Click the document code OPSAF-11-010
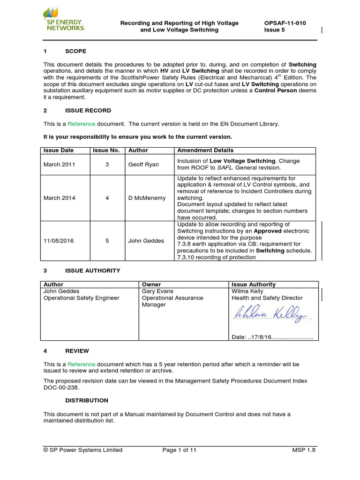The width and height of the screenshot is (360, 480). (x=285, y=23)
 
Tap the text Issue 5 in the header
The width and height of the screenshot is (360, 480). (x=275, y=30)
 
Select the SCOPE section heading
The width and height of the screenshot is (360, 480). (x=75, y=51)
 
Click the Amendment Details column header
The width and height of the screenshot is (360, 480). (x=205, y=150)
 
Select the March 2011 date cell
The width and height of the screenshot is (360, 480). (x=59, y=165)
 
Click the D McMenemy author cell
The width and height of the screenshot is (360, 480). (x=147, y=198)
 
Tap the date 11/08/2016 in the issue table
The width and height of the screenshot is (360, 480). (x=59, y=240)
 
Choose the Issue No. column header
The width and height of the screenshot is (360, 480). (x=106, y=150)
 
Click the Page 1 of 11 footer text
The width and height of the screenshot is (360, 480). (x=179, y=450)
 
